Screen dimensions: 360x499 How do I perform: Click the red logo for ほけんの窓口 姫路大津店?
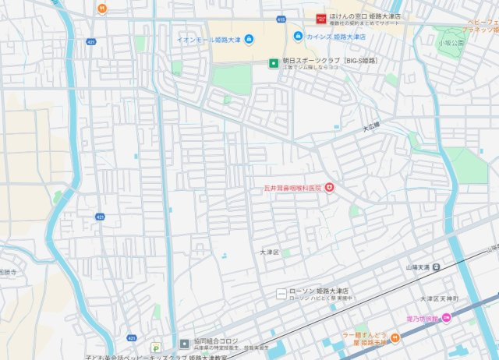320,17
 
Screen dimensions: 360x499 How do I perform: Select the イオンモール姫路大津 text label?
207,37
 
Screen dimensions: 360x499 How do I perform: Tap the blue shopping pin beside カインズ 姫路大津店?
298,37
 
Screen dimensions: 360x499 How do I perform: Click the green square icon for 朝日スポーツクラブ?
273,63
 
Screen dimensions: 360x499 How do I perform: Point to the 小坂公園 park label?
450,43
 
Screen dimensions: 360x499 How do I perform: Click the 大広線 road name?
370,125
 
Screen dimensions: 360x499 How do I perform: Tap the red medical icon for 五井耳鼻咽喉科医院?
329,186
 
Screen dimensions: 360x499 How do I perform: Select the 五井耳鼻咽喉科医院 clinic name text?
292,187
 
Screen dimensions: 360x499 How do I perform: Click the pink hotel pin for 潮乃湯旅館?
446,317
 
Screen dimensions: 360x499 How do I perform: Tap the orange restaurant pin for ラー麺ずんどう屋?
395,337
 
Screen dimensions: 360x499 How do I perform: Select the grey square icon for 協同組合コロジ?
184,343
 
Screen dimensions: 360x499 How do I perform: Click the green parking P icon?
157,347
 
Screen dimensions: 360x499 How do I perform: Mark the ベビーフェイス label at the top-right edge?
483,23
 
